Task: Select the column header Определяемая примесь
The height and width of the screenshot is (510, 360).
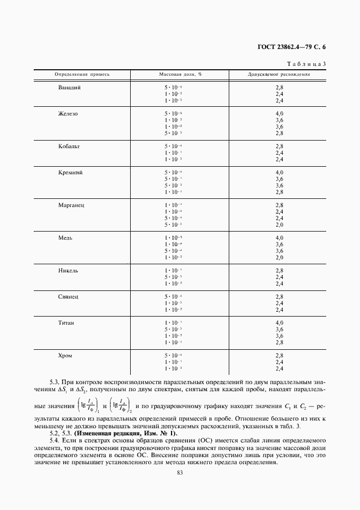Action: [x=82, y=74]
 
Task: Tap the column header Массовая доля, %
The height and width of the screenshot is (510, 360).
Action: [x=180, y=74]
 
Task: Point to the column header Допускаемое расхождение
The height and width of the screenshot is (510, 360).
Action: [x=279, y=74]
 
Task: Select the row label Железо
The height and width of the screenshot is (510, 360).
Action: [x=68, y=114]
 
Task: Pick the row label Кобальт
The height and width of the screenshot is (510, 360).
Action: [x=69, y=147]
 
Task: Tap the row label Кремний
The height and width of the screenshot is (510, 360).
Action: [x=70, y=173]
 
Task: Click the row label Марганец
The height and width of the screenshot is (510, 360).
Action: [x=71, y=205]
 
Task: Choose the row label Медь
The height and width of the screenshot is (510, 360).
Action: [x=65, y=238]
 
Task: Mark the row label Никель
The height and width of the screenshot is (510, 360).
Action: [x=69, y=271]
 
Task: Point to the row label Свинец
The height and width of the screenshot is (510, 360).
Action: [x=69, y=297]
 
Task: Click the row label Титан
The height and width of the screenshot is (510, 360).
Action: [x=66, y=323]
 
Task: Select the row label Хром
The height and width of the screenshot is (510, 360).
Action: [x=65, y=356]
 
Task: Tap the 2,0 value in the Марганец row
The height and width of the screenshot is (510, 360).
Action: [x=279, y=225]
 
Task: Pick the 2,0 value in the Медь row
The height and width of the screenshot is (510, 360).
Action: [x=279, y=258]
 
